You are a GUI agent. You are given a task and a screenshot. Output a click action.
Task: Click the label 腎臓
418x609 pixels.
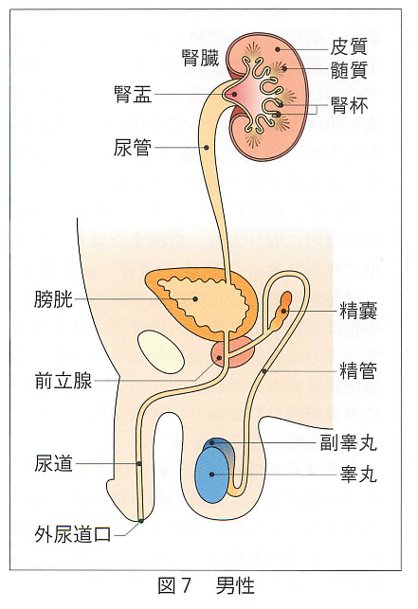(x=201, y=58)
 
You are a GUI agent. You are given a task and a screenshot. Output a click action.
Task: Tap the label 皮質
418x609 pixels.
(x=349, y=47)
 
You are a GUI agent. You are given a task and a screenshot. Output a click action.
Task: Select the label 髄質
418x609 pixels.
(x=349, y=71)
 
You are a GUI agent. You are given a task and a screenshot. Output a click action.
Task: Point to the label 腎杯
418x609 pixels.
(x=349, y=105)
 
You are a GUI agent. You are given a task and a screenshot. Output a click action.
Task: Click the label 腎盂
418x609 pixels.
(x=133, y=94)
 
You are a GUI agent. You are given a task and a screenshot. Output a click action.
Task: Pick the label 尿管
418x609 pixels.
(x=133, y=148)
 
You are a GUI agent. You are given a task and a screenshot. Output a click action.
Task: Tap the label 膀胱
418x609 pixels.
(x=53, y=299)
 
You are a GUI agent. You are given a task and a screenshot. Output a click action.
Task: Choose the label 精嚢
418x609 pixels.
(x=358, y=311)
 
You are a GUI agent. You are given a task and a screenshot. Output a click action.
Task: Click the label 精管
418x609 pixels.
(x=358, y=371)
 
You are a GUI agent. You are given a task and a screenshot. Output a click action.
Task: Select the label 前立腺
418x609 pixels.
(x=63, y=381)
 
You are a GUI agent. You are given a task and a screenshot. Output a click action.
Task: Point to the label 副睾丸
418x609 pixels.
(x=349, y=442)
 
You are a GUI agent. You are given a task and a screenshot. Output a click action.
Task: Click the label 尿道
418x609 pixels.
(x=53, y=464)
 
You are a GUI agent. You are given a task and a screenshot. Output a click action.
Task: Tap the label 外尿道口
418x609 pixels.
(x=73, y=535)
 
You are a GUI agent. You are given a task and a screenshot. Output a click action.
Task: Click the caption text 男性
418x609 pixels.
(x=235, y=585)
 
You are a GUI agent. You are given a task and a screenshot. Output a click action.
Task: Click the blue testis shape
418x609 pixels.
(x=211, y=475)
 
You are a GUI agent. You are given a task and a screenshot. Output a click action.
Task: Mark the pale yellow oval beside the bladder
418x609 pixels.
(x=160, y=351)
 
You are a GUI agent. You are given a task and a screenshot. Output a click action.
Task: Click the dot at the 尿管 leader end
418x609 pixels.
(x=206, y=148)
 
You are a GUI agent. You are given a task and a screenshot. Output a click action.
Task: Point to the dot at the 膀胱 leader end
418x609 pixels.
(x=195, y=298)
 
